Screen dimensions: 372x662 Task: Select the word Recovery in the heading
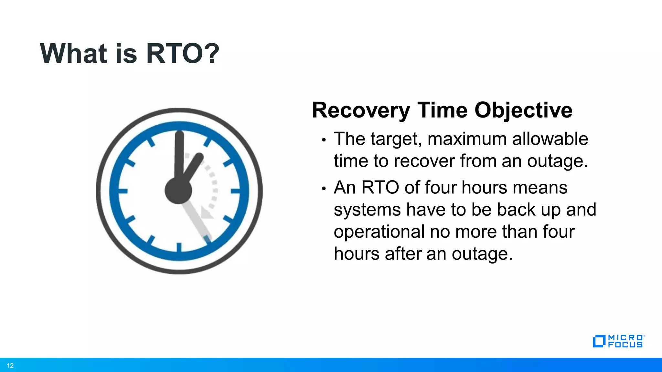coord(361,111)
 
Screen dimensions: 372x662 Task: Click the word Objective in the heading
coord(523,111)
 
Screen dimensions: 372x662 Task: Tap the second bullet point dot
coord(324,189)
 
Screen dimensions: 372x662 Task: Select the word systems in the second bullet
coord(367,210)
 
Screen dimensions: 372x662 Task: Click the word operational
coord(379,232)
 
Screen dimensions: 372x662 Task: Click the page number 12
coord(10,366)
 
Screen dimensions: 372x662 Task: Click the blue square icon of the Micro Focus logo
coord(599,341)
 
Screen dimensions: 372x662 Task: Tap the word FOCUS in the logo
coord(625,345)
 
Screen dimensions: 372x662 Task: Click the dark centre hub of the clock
coord(178,191)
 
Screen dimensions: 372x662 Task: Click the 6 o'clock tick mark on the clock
coord(179,247)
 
